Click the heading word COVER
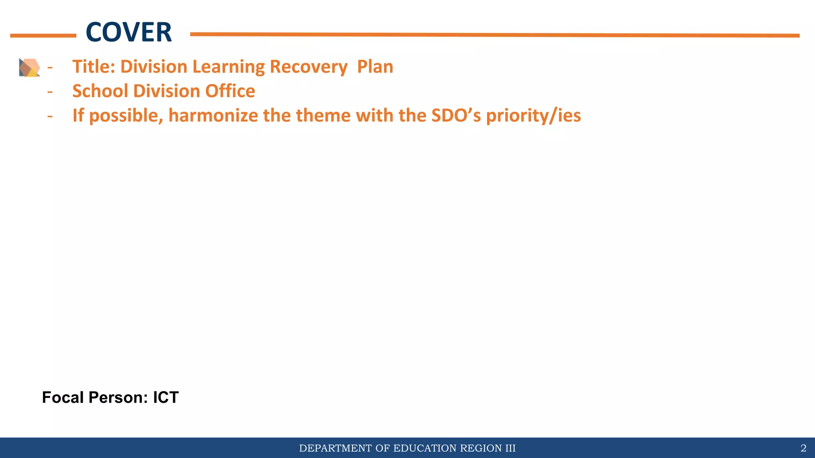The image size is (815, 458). tap(129, 33)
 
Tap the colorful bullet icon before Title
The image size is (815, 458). tap(29, 67)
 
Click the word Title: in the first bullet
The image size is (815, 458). tap(94, 66)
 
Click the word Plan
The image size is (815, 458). tap(375, 66)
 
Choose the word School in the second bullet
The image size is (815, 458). tap(100, 91)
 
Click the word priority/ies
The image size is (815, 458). tap(533, 116)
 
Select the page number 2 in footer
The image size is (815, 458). tap(803, 448)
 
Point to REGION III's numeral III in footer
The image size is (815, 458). tap(510, 448)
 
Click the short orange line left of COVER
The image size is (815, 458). tap(43, 36)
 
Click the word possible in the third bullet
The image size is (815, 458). tap(126, 116)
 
